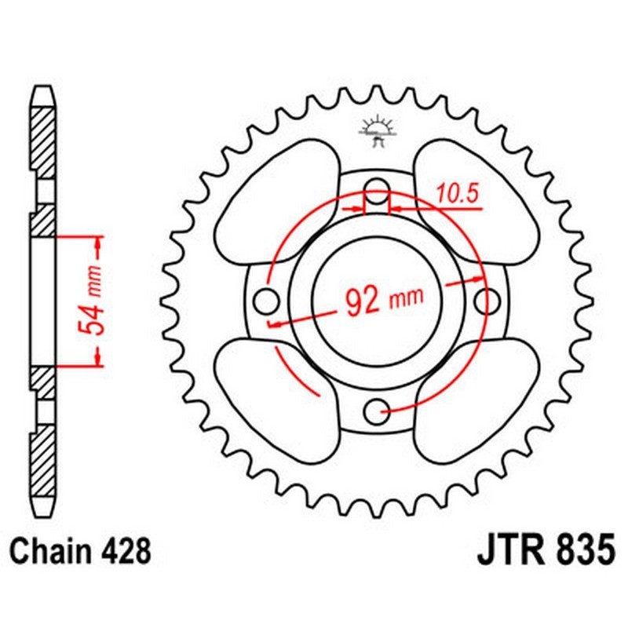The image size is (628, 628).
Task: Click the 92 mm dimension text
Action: tap(383, 299)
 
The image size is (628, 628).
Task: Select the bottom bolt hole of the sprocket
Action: tap(379, 407)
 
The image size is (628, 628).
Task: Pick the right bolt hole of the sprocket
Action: tap(488, 298)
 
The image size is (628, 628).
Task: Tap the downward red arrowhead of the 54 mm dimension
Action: tap(97, 356)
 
